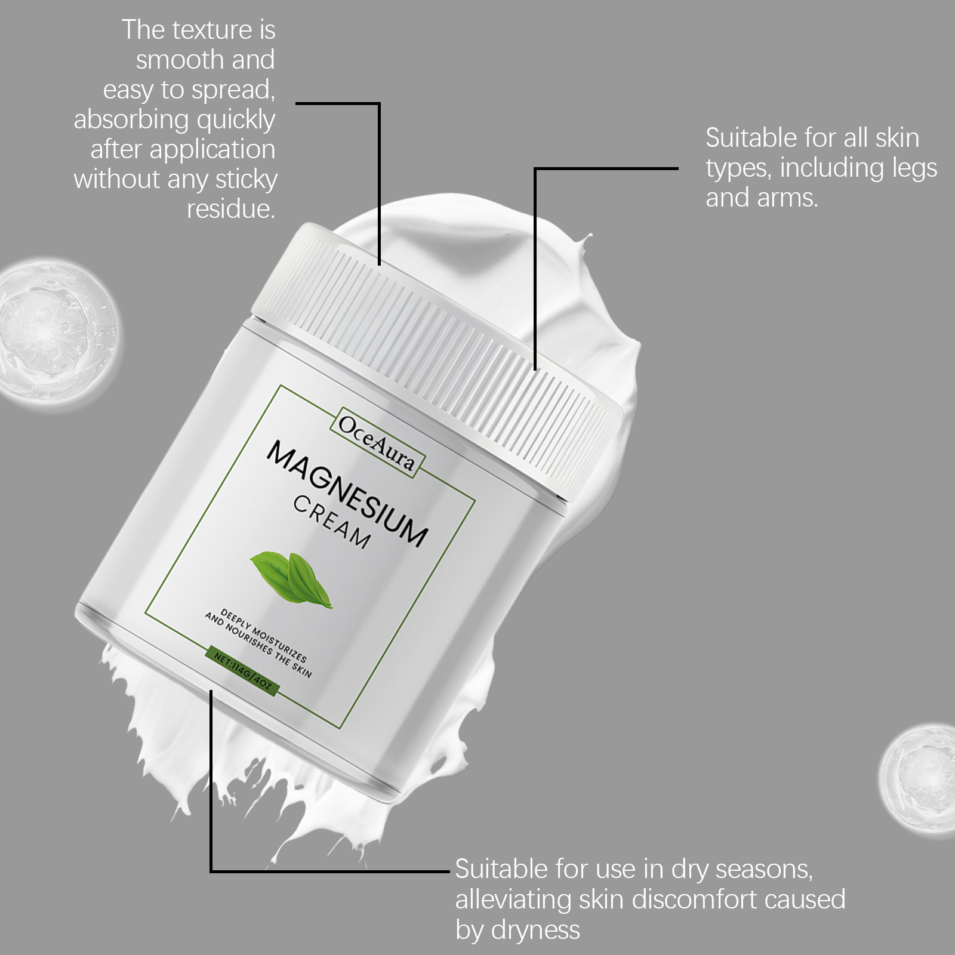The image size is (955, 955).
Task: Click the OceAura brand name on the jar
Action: point(376,442)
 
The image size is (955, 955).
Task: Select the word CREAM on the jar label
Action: point(332,522)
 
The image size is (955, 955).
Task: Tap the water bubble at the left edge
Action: point(57,335)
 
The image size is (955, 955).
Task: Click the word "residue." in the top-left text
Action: point(231,209)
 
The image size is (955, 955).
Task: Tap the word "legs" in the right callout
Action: point(914,170)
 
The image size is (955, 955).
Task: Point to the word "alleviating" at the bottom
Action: point(513,900)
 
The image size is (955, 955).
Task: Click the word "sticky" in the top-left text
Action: point(247,180)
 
